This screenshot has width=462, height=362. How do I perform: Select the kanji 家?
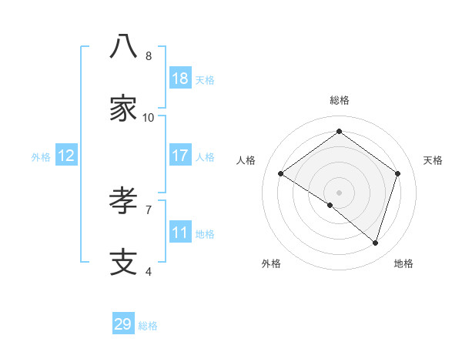tap(123, 109)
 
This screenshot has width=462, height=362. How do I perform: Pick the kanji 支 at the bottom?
tap(123, 262)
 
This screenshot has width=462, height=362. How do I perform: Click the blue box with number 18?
tap(180, 79)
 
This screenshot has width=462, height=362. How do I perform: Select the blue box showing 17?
tap(180, 156)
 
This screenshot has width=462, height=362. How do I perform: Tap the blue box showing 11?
tap(180, 233)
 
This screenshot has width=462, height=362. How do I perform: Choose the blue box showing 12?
tap(66, 156)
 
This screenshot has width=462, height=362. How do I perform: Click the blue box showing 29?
tap(123, 324)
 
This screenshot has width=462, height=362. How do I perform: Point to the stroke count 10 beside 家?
tap(149, 118)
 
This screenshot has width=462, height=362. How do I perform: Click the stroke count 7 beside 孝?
tap(149, 209)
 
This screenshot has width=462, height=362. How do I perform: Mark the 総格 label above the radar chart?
tap(340, 100)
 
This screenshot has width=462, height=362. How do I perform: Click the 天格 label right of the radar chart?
tap(433, 160)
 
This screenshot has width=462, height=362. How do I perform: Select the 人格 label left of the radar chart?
tap(246, 160)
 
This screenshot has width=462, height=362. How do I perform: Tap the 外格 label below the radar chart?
tap(271, 263)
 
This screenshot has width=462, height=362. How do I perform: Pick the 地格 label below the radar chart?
tap(403, 263)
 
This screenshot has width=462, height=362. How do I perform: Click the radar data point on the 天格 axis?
tap(398, 173)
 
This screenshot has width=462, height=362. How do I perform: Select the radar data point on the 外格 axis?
tap(330, 205)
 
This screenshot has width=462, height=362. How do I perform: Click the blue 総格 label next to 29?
tap(148, 326)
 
